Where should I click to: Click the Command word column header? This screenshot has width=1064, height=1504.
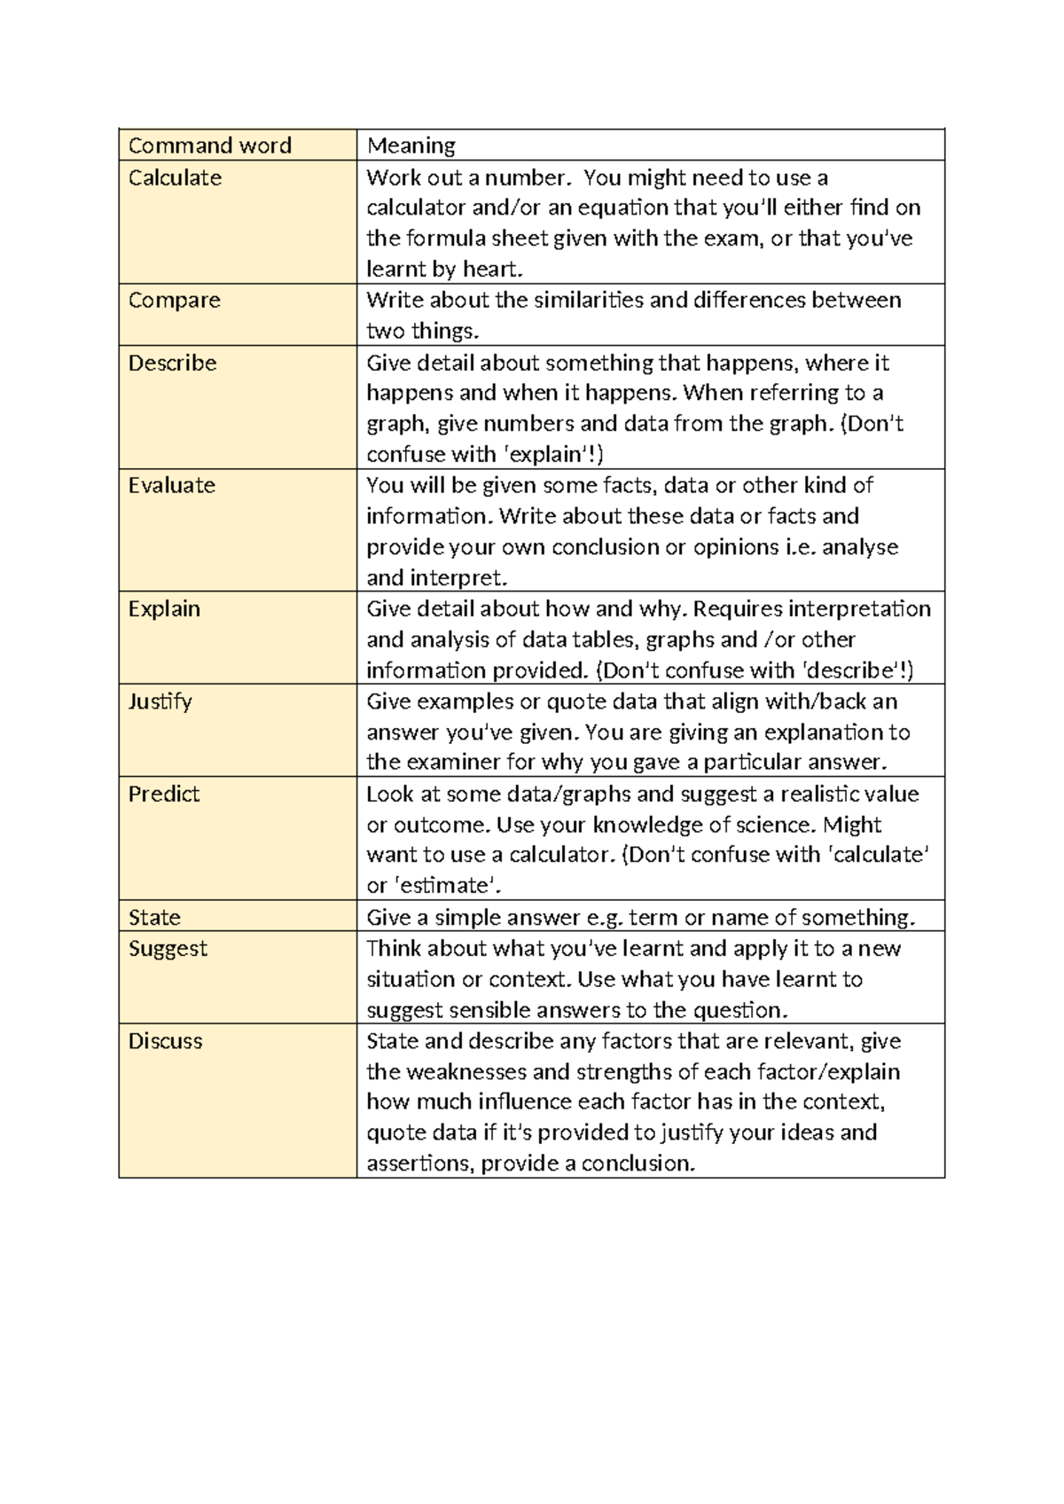[210, 145]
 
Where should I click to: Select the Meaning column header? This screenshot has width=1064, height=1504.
[411, 145]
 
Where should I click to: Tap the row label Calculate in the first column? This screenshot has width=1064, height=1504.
[175, 177]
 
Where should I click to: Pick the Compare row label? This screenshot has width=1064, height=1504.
[174, 301]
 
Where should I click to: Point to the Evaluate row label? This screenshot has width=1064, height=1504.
[172, 485]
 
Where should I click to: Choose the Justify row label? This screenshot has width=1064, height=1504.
[160, 701]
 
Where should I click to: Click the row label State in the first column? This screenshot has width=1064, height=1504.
[154, 917]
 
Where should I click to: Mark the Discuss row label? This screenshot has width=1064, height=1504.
[166, 1041]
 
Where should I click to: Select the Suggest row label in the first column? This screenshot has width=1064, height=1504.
[168, 949]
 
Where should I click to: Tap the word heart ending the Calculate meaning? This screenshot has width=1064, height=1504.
[487, 270]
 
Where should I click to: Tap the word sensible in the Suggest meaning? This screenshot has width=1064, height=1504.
[491, 1010]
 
